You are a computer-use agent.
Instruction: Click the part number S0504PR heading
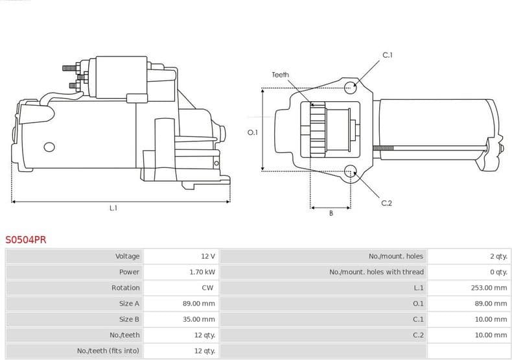[x=26, y=239]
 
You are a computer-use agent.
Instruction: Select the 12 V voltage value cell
[x=207, y=256]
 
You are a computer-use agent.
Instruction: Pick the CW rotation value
[x=207, y=287]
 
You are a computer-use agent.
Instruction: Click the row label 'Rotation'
[x=125, y=287]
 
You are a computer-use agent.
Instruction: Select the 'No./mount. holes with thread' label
[x=376, y=272]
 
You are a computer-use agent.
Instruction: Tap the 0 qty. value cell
[x=498, y=272]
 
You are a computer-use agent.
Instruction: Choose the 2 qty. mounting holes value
[x=498, y=256]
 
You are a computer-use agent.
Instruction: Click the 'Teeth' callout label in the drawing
[x=280, y=75]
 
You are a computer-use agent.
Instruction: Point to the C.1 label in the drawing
[x=387, y=56]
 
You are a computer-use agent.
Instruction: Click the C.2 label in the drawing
[x=386, y=203]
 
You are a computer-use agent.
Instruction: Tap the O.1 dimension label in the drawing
[x=253, y=132]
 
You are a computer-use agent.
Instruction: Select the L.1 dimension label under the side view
[x=113, y=208]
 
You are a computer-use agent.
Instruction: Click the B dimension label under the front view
[x=331, y=213]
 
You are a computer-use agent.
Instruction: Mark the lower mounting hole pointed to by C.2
[x=351, y=171]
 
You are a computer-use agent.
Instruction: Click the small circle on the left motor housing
[x=49, y=147]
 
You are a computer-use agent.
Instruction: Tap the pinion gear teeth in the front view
[x=318, y=130]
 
